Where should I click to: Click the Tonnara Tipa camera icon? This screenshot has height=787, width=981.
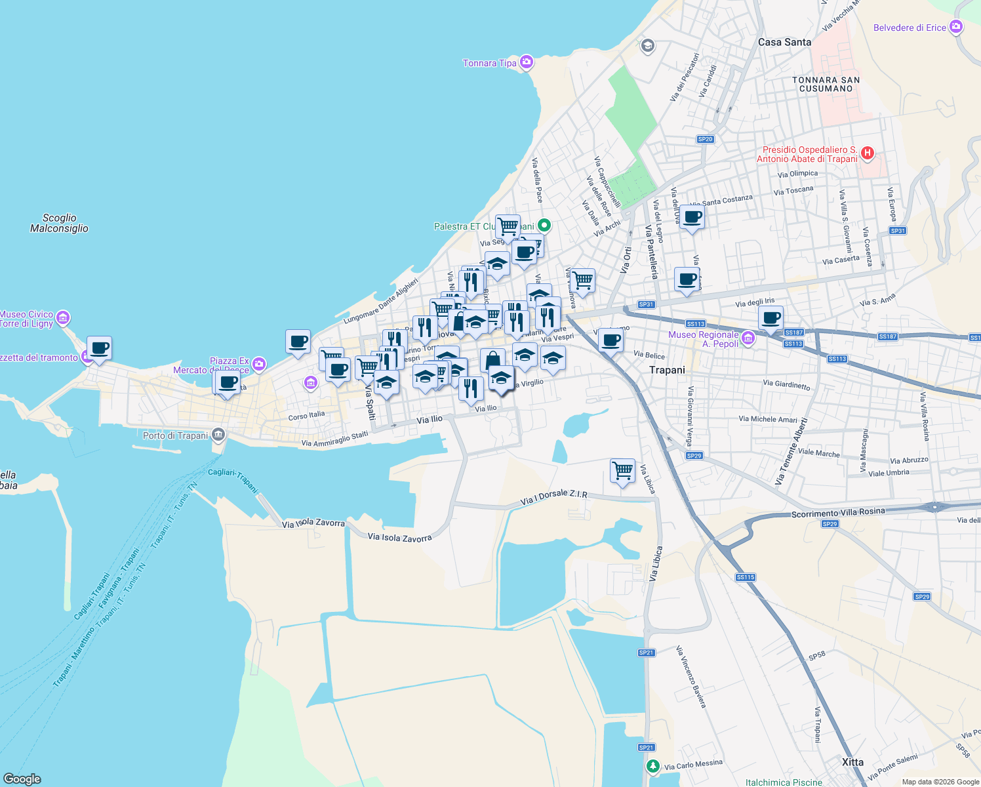[527, 62]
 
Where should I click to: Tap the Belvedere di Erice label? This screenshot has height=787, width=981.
[910, 28]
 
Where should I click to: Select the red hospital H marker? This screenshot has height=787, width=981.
[867, 153]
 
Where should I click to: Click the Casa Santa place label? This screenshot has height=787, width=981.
[784, 42]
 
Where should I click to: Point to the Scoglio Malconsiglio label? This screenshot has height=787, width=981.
[59, 223]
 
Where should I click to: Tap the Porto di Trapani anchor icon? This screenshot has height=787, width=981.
[218, 435]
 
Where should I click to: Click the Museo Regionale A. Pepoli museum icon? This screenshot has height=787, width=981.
[748, 338]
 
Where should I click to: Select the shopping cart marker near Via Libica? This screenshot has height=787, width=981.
[622, 470]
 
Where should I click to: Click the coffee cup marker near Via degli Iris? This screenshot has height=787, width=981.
[771, 318]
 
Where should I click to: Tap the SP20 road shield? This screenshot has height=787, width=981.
[705, 139]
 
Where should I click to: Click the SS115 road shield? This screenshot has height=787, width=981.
[746, 577]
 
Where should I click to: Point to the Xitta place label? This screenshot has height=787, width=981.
[852, 762]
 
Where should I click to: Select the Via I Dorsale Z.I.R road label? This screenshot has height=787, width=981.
[554, 498]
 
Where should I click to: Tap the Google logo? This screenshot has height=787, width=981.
[22, 779]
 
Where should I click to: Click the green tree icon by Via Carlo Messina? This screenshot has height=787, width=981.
[652, 766]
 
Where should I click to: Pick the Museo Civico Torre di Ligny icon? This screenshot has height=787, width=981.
[63, 318]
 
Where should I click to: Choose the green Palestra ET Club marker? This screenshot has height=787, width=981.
[544, 225]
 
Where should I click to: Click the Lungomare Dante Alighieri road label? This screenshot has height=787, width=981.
[381, 302]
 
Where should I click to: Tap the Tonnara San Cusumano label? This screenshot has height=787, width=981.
[826, 84]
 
